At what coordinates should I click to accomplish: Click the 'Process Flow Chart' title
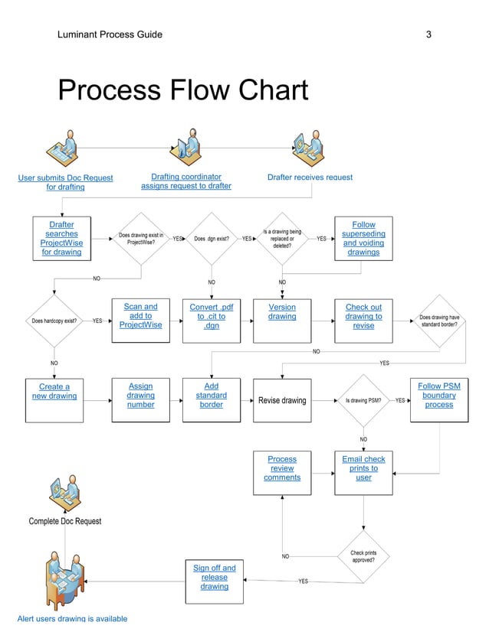(183, 90)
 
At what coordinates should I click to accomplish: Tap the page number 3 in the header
(428, 34)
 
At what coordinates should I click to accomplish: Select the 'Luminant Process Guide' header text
(110, 34)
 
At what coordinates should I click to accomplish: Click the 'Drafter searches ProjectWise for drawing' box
(61, 239)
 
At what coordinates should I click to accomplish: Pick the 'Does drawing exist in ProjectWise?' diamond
(141, 239)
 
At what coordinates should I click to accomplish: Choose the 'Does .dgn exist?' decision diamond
(212, 239)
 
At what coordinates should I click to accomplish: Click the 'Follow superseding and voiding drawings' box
(363, 239)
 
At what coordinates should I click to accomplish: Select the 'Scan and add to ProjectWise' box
(141, 320)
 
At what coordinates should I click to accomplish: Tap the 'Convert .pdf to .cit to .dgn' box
(212, 320)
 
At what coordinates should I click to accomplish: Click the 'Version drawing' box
(282, 320)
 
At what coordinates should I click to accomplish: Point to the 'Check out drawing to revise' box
(363, 320)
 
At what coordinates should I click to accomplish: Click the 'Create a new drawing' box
(54, 400)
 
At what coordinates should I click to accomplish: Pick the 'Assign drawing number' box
(141, 400)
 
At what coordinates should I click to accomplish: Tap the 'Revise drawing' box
(282, 400)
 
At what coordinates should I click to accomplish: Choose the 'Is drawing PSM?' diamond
(363, 400)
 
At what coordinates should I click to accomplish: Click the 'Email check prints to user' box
(363, 472)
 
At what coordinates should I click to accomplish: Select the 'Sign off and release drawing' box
(215, 582)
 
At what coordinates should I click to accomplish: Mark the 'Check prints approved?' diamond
(363, 556)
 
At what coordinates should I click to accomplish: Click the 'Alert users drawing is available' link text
(72, 618)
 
